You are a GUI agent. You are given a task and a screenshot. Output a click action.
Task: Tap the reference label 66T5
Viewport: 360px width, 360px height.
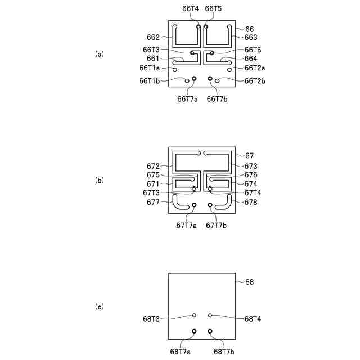click(213, 9)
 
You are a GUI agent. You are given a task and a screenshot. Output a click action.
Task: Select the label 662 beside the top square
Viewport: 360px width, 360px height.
click(153, 38)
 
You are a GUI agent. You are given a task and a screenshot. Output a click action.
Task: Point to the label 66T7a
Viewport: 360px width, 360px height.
click(187, 99)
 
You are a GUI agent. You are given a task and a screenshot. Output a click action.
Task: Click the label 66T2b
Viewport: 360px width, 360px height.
click(255, 81)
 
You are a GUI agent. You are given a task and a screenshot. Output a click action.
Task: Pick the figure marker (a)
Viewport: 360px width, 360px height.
click(100, 54)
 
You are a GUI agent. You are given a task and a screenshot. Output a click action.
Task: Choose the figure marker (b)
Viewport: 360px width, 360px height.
click(100, 181)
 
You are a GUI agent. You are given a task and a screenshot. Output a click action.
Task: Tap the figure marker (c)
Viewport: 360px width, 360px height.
click(100, 307)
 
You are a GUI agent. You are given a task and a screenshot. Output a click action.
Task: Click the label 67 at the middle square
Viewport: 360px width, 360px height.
click(250, 155)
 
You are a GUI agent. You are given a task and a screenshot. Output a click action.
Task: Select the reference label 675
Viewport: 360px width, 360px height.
click(153, 175)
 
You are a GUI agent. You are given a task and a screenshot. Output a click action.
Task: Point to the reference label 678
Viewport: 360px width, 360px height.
click(251, 201)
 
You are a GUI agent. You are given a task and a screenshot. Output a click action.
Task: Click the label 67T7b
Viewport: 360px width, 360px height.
click(217, 225)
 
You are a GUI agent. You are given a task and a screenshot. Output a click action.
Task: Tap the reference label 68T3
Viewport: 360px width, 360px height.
click(151, 319)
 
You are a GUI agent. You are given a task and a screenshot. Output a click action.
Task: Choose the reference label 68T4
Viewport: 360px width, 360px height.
click(253, 319)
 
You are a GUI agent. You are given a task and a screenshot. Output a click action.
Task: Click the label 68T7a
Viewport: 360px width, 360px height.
click(180, 352)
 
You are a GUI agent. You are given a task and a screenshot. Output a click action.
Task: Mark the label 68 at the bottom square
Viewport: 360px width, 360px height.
click(250, 281)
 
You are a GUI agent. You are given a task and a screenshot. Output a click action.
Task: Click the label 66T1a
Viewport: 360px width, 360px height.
click(150, 67)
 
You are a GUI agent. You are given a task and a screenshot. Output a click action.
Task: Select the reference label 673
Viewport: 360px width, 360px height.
click(251, 166)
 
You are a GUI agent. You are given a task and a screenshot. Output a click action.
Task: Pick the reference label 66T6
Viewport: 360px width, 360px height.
click(253, 49)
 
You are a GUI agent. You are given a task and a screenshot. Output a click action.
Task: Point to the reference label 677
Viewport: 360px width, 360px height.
click(153, 201)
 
